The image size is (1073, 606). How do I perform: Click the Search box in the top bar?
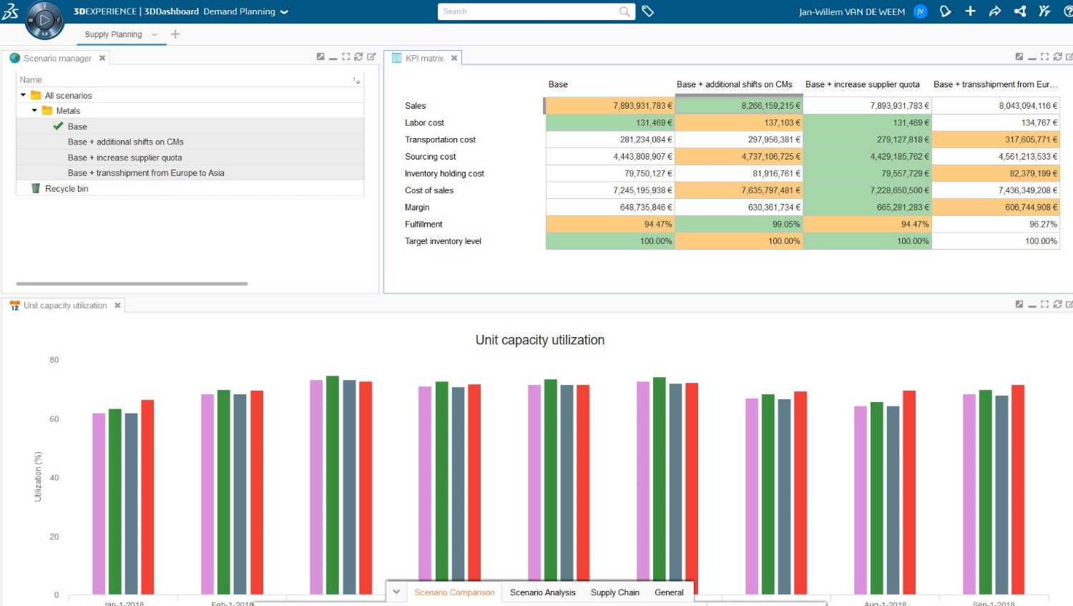(x=529, y=11)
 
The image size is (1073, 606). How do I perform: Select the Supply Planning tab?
(x=113, y=34)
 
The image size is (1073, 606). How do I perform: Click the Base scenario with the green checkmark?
(x=77, y=127)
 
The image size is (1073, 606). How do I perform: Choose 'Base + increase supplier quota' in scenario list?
(x=124, y=158)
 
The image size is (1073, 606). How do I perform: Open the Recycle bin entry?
(x=67, y=189)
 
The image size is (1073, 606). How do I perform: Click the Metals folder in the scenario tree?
(x=68, y=111)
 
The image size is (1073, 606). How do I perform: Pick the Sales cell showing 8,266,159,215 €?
(x=739, y=106)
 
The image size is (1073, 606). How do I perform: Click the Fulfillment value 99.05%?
(x=739, y=225)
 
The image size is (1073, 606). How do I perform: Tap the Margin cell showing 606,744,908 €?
(x=996, y=207)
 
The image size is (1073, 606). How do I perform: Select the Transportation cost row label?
(x=440, y=140)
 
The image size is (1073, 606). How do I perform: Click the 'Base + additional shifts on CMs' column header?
(x=734, y=84)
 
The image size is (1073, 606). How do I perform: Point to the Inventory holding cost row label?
(x=444, y=174)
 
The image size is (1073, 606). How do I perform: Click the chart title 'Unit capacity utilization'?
(x=539, y=341)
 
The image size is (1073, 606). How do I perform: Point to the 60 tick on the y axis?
(x=54, y=419)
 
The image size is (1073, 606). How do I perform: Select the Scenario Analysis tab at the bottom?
(x=542, y=592)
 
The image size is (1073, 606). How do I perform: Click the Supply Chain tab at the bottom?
(x=614, y=592)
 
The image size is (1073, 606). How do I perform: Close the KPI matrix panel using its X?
(x=454, y=59)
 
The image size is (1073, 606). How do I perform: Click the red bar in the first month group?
(x=147, y=497)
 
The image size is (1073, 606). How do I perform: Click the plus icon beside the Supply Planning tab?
(x=175, y=34)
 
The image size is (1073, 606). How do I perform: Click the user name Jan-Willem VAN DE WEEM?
(x=851, y=12)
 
